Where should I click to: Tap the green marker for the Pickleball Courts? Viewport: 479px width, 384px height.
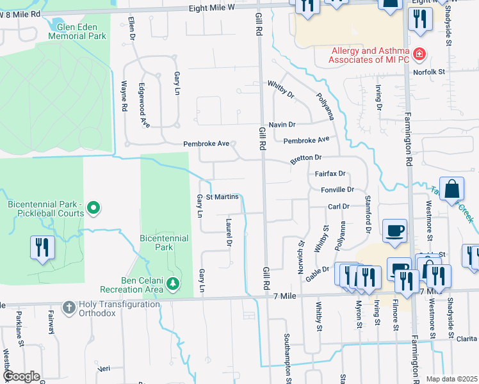click(x=93, y=208)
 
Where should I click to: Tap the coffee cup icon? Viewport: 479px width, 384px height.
click(x=394, y=229)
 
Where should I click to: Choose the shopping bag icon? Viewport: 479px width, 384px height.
click(x=452, y=188)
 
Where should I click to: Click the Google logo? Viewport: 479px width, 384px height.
click(x=22, y=376)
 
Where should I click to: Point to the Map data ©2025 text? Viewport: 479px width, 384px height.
click(x=451, y=379)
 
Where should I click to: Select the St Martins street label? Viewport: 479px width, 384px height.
click(x=222, y=196)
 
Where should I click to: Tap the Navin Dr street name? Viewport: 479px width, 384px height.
click(x=282, y=124)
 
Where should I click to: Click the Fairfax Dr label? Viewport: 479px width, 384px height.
click(x=330, y=173)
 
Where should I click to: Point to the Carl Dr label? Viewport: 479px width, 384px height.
click(x=338, y=206)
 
